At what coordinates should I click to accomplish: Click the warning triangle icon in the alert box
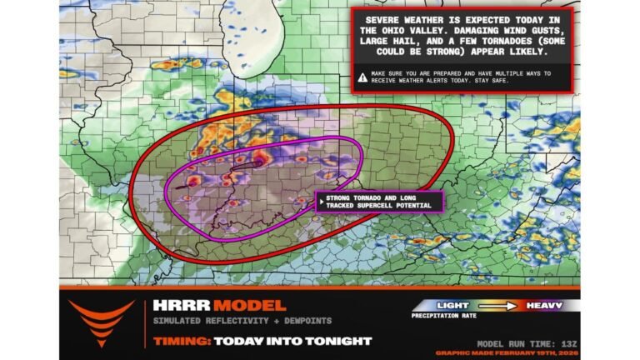point(362,77)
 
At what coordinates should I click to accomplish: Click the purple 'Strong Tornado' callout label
point(377,200)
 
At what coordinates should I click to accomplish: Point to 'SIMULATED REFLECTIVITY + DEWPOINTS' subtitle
point(217,322)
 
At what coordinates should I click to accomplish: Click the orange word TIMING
point(179,342)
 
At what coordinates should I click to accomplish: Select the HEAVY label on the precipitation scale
point(543,305)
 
